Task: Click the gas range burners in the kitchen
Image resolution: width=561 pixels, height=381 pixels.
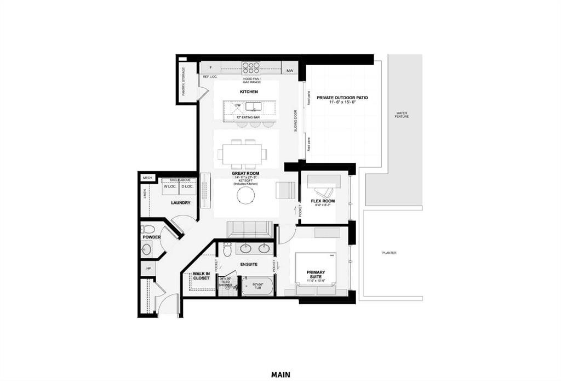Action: pos(251,68)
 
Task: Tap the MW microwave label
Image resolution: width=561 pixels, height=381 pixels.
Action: pos(290,71)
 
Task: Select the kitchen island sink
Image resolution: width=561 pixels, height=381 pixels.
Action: pos(253,106)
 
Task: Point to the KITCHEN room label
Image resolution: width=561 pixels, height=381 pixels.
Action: pos(249,92)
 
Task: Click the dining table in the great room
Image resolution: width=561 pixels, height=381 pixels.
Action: pos(242,154)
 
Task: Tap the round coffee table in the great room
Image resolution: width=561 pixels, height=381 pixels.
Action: pos(245,196)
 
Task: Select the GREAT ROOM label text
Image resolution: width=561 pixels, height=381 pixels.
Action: pos(245,173)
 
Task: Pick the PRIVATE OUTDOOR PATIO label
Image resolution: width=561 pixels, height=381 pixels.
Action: pos(342,98)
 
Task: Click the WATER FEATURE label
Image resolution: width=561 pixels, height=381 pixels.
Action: pos(402,116)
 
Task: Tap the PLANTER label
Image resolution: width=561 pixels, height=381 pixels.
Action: pos(390,253)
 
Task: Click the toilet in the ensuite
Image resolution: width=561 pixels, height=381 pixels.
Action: pos(226,250)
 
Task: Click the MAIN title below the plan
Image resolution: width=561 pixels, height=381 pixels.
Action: pos(280,375)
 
